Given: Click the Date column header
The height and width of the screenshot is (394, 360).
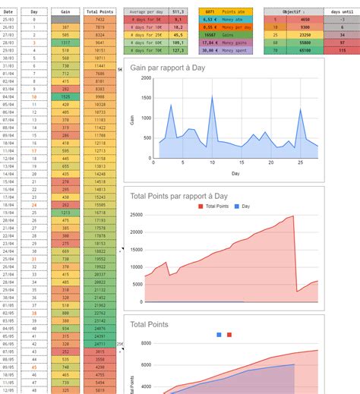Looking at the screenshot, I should pyautogui.click(x=8, y=12).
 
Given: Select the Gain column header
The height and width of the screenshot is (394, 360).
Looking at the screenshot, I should pyautogui.click(x=65, y=12).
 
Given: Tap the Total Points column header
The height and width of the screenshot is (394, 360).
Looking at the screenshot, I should pyautogui.click(x=99, y=12).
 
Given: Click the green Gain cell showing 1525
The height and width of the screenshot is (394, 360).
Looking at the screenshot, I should pyautogui.click(x=65, y=97).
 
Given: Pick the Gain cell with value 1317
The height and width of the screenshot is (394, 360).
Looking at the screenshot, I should pyautogui.click(x=65, y=43).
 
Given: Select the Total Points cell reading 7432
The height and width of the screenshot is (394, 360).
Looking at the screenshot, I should pyautogui.click(x=99, y=19).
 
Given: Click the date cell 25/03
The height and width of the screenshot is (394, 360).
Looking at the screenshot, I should pyautogui.click(x=8, y=19).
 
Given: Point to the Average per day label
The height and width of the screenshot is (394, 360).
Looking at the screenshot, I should pyautogui.click(x=146, y=12).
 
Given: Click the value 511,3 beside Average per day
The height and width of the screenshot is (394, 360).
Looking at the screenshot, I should pyautogui.click(x=178, y=12).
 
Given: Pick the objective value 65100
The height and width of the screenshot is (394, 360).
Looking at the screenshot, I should pyautogui.click(x=305, y=49).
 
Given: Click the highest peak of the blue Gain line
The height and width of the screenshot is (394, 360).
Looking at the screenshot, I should pyautogui.click(x=211, y=96).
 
